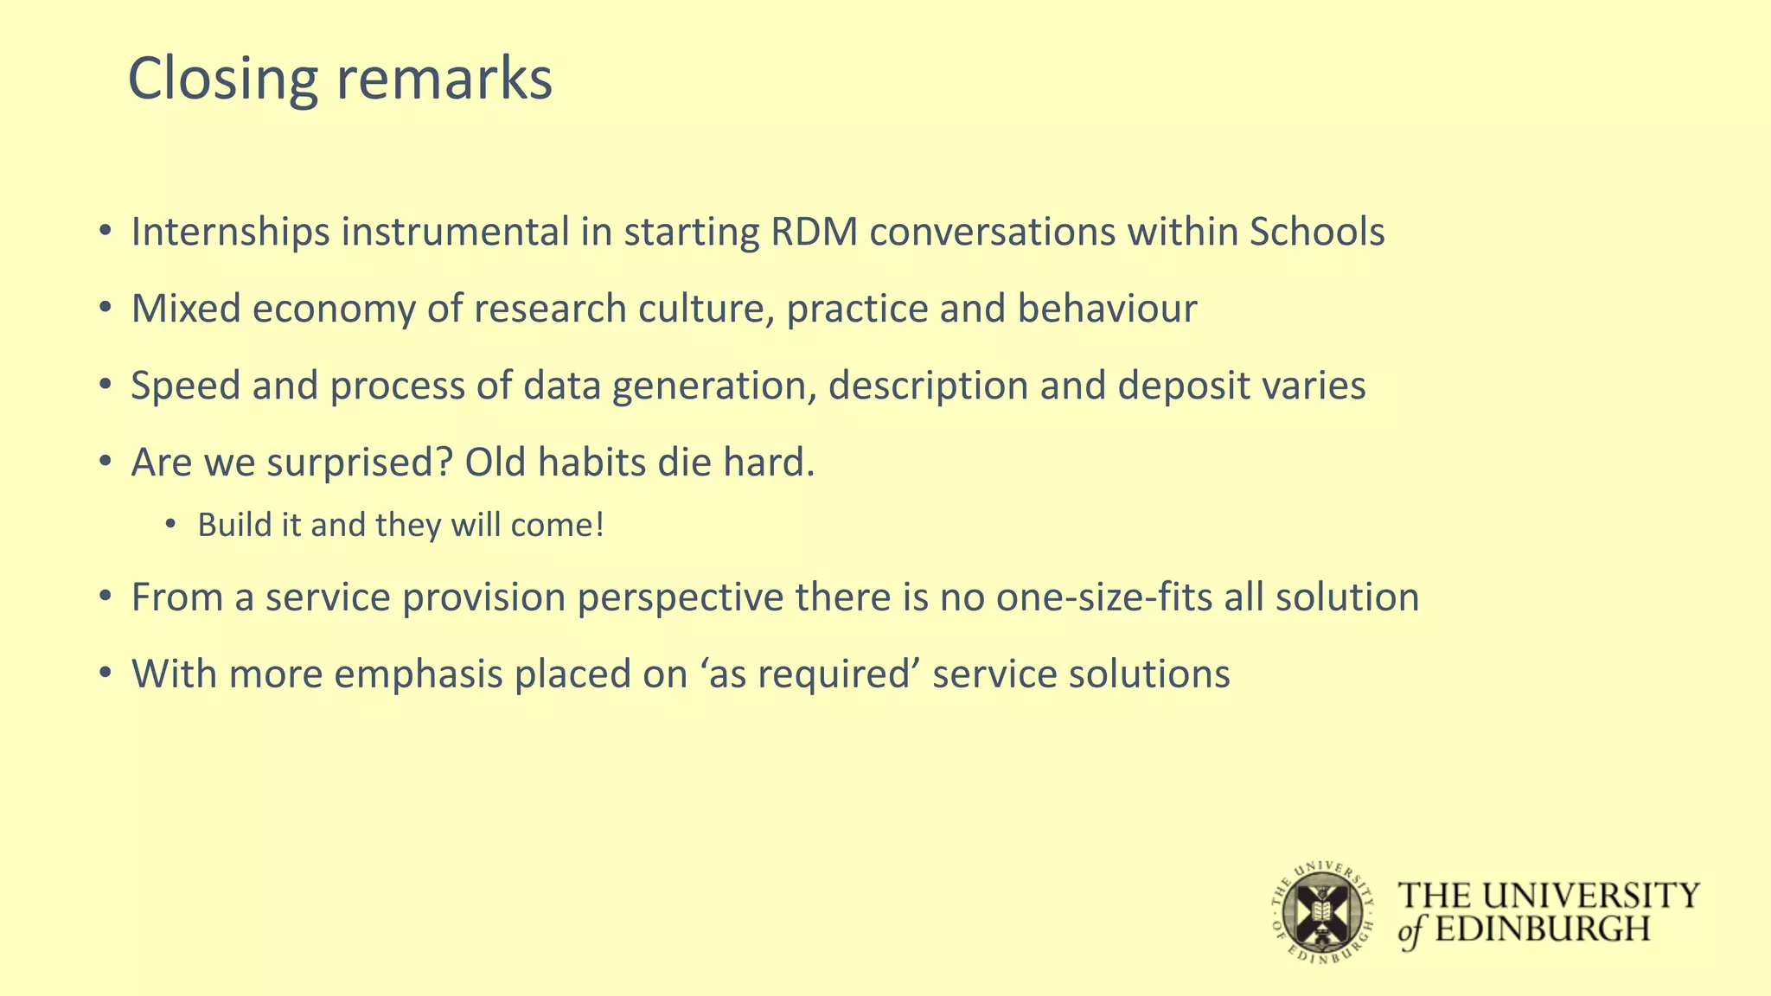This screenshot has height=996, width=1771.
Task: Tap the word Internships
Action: (230, 233)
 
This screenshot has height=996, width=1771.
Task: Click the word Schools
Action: (1317, 233)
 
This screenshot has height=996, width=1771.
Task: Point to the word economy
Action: (334, 310)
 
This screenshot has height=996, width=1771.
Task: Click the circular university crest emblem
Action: (1322, 913)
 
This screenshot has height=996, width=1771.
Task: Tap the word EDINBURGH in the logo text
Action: (1543, 929)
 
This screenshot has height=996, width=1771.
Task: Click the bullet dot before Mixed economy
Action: (105, 309)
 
